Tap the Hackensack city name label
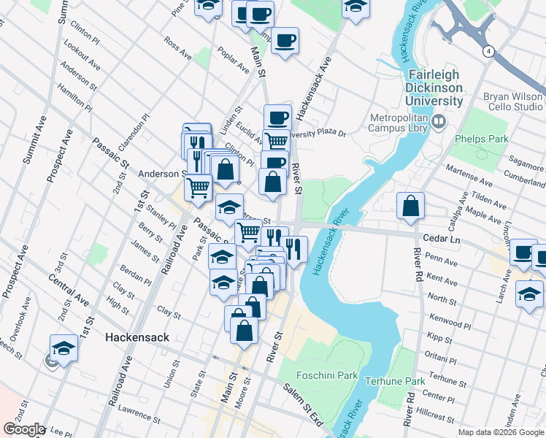[x=137, y=337]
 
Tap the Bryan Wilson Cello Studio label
[x=512, y=101]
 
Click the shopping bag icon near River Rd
[x=411, y=207]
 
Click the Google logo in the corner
[x=24, y=429]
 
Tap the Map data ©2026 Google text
[x=500, y=432]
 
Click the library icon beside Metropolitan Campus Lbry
[x=438, y=121]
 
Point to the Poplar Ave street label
[x=234, y=61]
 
